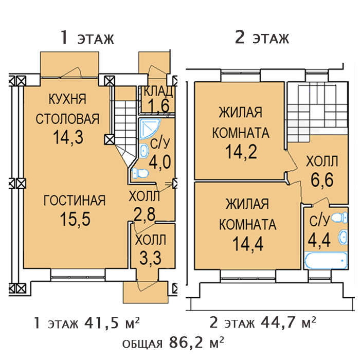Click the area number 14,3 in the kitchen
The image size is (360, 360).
(68, 137)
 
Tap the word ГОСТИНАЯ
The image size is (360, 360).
(75, 200)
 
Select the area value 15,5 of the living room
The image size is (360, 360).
(75, 219)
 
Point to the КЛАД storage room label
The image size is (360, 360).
(158, 91)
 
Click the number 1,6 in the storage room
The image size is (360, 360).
(158, 105)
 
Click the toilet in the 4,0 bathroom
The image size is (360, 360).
(140, 173)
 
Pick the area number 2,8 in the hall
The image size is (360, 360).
(144, 214)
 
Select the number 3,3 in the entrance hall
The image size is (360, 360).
(150, 258)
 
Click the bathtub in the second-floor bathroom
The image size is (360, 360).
(326, 261)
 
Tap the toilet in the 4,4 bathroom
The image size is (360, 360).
(339, 218)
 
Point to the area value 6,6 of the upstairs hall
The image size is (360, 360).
(322, 180)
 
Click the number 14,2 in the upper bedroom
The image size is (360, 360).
(241, 152)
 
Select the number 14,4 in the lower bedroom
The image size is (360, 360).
(248, 244)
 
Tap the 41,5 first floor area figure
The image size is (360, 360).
(101, 323)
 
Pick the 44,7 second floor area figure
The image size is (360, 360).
(278, 323)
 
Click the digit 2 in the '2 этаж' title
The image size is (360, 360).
(240, 38)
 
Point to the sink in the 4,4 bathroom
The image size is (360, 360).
(343, 237)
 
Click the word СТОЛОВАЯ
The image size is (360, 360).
(67, 119)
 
